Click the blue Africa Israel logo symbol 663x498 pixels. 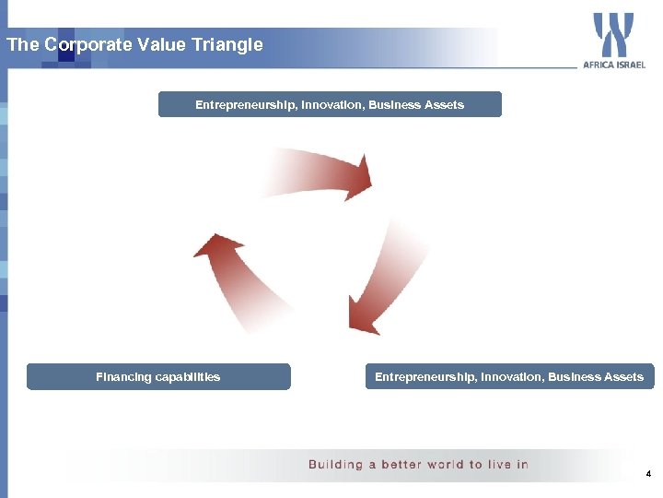click(613, 35)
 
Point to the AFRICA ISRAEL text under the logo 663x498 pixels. click(614, 65)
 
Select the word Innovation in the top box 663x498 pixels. click(329, 105)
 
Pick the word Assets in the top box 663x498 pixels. click(444, 105)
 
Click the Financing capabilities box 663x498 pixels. click(158, 377)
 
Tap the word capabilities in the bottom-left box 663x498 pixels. click(187, 377)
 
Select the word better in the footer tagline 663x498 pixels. click(401, 465)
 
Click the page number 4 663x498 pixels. click(648, 474)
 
